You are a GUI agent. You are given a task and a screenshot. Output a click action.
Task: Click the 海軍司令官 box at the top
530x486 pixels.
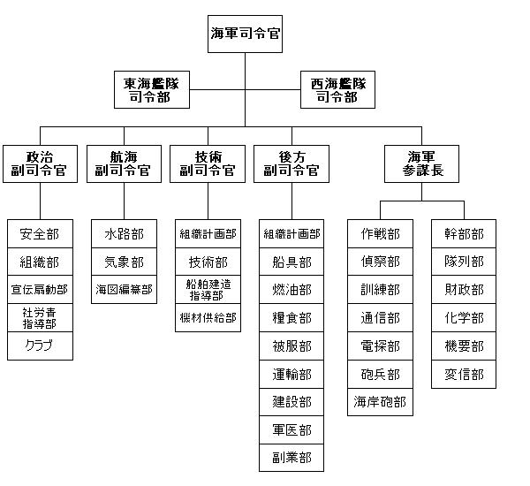(245, 34)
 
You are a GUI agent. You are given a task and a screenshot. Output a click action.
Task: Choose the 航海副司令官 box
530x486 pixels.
(124, 163)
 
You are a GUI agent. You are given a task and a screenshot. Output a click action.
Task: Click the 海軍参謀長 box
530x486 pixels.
(421, 163)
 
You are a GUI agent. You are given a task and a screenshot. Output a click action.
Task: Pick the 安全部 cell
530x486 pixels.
(40, 234)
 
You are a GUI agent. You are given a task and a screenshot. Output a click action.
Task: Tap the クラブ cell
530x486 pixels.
(40, 346)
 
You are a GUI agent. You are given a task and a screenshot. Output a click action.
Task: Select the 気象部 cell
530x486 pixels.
(124, 262)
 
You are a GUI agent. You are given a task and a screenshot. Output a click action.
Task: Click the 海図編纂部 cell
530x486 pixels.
(124, 290)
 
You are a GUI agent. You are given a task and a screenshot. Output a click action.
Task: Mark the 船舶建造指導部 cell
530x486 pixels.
(208, 290)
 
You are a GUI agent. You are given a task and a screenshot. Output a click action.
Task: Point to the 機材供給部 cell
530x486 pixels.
(208, 317)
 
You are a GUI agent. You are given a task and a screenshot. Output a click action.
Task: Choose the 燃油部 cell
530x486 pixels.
(291, 290)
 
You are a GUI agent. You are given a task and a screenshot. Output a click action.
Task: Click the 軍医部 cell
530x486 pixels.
(291, 429)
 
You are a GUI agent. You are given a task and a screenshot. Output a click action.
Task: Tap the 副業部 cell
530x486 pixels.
(291, 458)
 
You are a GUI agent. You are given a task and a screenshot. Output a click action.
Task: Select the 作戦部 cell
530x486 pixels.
(380, 234)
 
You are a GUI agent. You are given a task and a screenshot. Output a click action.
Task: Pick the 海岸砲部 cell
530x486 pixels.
(380, 402)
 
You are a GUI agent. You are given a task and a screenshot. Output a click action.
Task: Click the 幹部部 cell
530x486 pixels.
(464, 234)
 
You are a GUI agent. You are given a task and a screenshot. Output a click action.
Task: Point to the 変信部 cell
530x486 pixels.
(464, 374)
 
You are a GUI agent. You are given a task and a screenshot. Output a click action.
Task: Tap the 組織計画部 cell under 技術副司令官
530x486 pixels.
(208, 234)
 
